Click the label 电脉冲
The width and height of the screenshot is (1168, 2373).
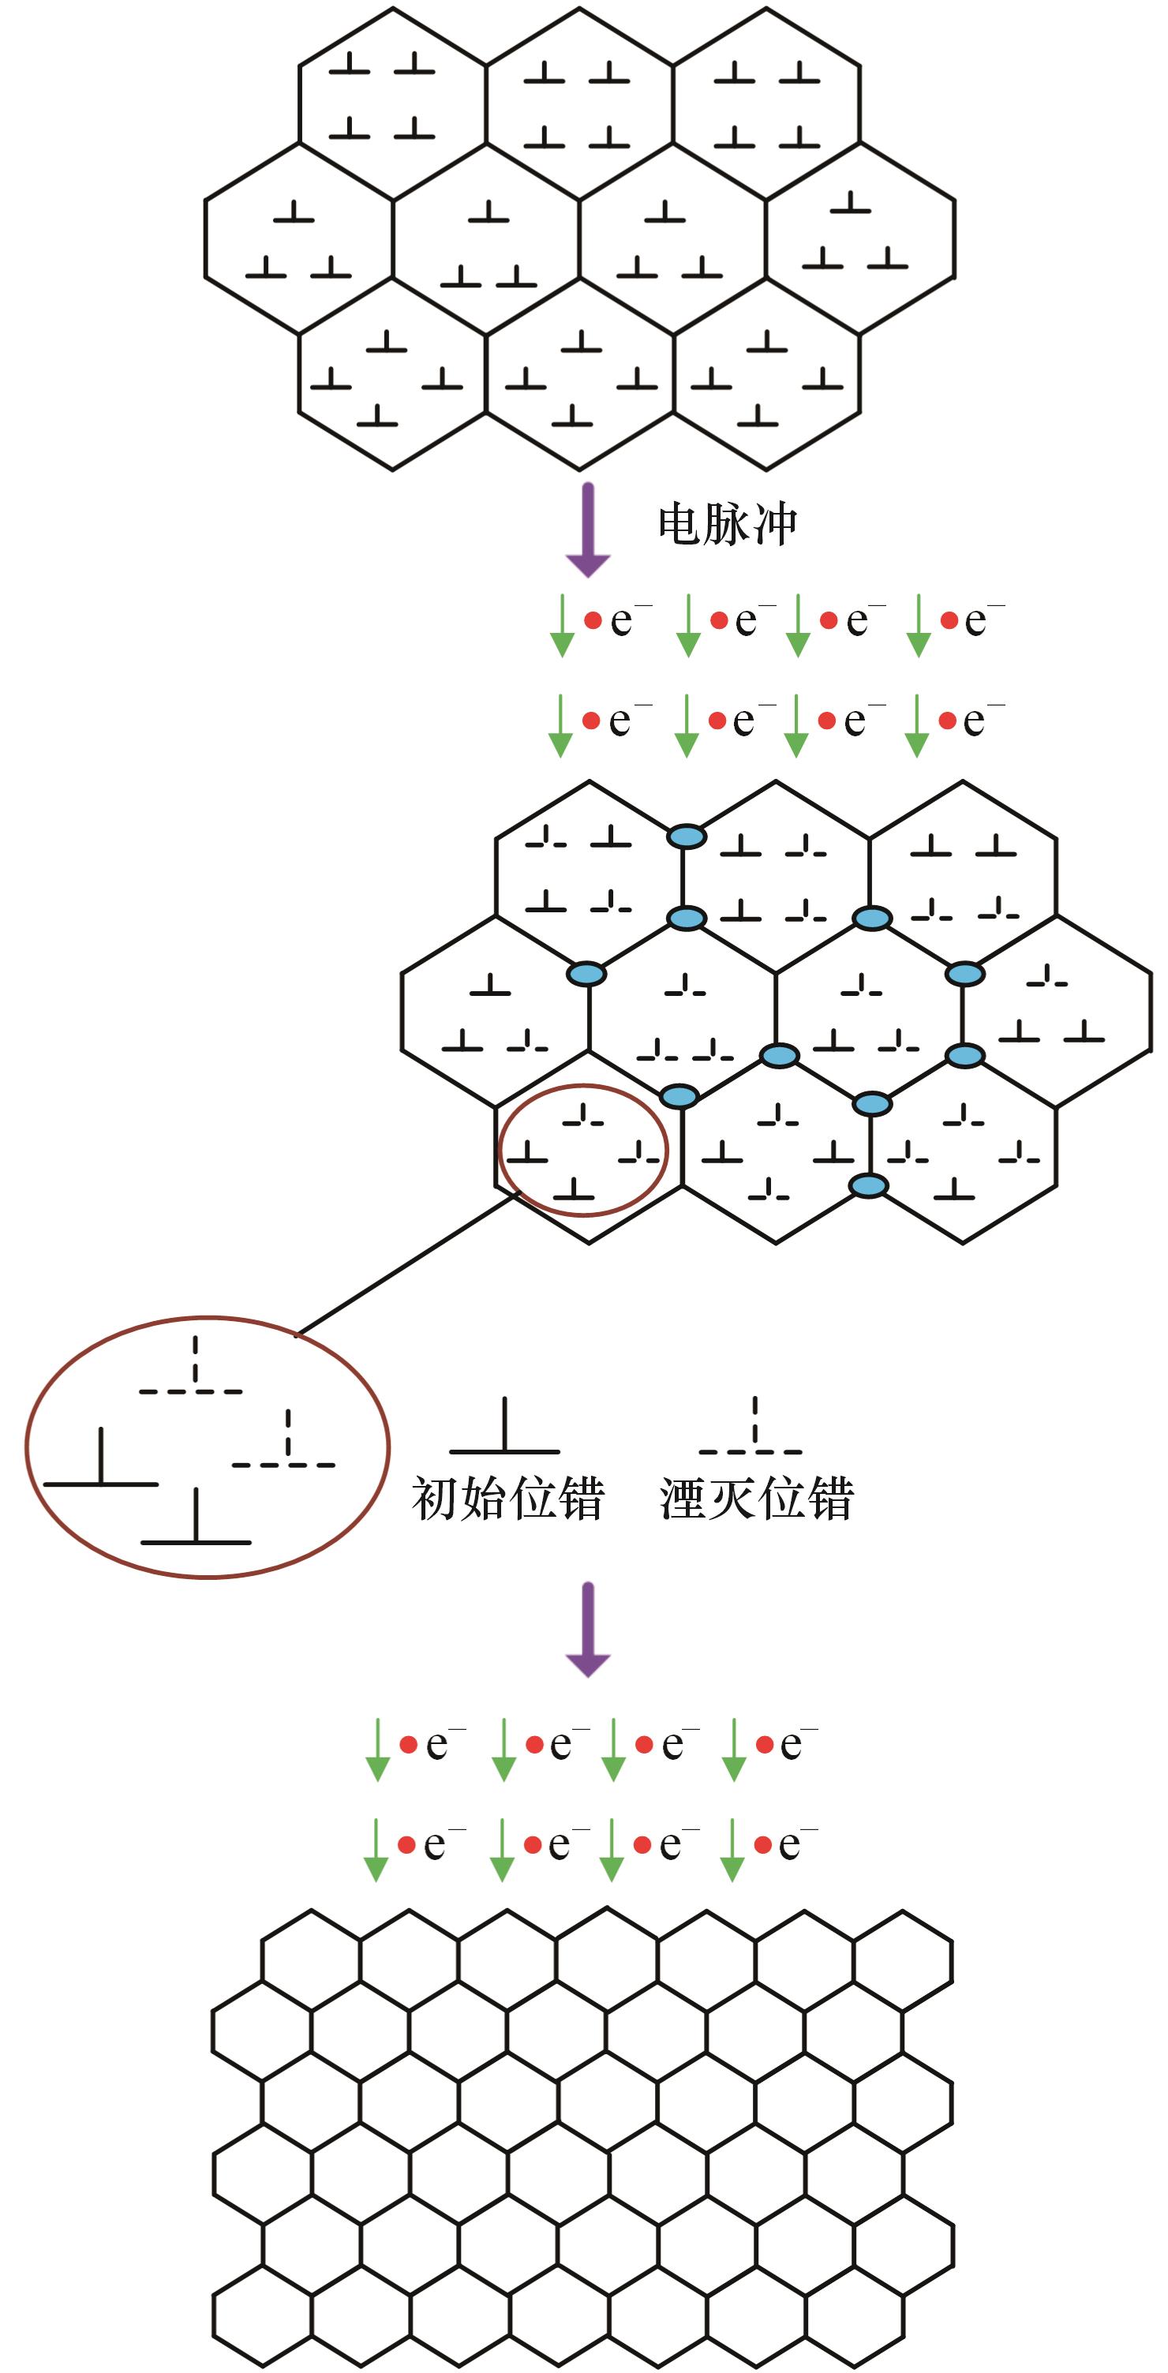[x=727, y=525]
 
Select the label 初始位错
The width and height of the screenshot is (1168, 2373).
[x=507, y=1499]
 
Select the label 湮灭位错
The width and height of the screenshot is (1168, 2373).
[x=756, y=1499]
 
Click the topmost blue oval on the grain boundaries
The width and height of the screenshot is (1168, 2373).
[x=687, y=837]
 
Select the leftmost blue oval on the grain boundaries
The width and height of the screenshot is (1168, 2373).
[x=587, y=974]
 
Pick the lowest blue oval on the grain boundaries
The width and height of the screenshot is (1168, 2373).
[x=867, y=1185]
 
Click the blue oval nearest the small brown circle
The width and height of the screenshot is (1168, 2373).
[x=679, y=1095]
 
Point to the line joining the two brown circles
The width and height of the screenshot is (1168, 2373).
[x=406, y=1264]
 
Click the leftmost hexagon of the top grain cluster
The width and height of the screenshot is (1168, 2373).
[x=298, y=238]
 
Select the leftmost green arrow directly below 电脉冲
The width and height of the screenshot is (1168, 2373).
[x=561, y=627]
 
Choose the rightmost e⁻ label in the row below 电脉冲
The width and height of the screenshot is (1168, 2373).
[x=983, y=621]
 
